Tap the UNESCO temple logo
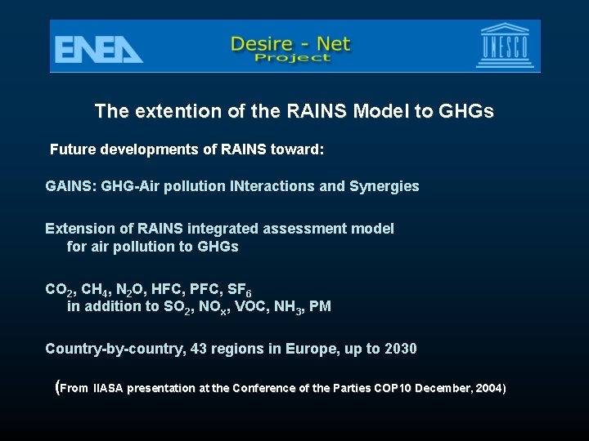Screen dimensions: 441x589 506,47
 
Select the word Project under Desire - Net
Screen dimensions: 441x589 292,58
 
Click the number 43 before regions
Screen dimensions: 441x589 198,349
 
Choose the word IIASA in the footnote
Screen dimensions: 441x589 108,388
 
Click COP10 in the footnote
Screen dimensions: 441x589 390,388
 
